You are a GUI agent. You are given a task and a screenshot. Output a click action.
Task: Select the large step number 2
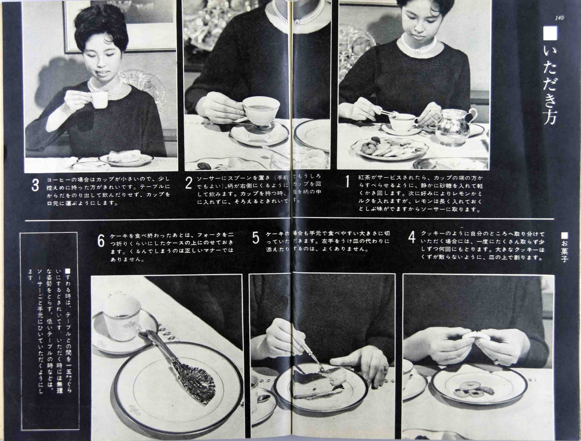189,183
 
